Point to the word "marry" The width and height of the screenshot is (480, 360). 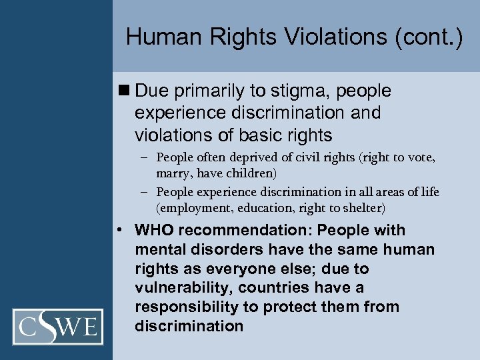click(172, 174)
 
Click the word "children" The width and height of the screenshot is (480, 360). click(249, 174)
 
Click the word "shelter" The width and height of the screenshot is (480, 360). click(361, 209)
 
